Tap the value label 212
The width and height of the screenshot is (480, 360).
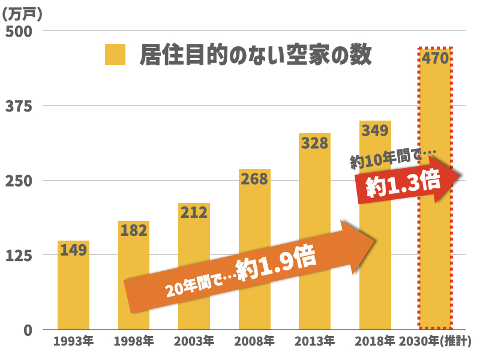194,212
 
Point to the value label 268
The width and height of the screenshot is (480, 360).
254,179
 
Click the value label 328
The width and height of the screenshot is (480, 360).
315,143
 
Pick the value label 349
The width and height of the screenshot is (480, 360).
375,130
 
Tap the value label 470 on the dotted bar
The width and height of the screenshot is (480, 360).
436,59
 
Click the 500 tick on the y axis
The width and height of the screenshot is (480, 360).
19,31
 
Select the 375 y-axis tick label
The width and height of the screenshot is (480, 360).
19,106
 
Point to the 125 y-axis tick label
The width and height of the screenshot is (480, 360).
19,255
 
